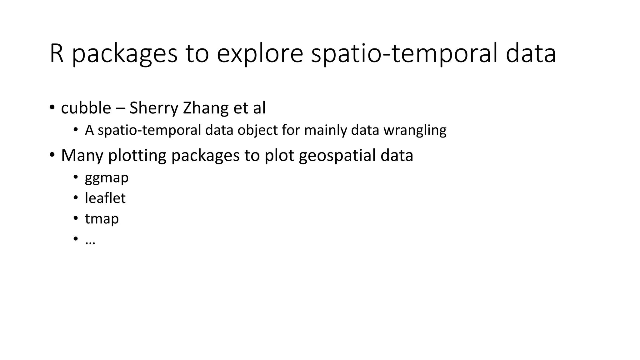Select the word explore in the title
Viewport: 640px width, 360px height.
[260, 54]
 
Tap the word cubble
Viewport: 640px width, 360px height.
[86, 108]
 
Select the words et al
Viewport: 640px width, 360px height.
[249, 108]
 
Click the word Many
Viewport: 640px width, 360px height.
[82, 156]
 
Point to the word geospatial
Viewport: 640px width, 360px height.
[337, 156]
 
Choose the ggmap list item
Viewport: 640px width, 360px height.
[107, 178]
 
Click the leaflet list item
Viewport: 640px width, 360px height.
[105, 198]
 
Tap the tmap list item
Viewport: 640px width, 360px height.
[102, 219]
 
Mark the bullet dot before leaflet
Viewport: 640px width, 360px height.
[75, 197]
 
